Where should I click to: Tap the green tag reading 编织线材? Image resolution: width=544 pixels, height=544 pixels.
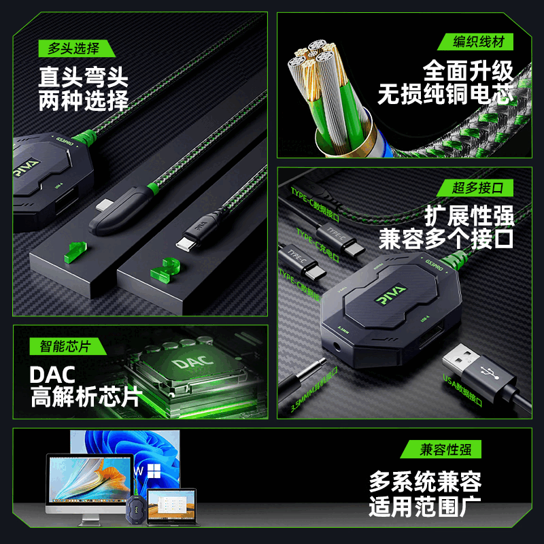click(x=479, y=42)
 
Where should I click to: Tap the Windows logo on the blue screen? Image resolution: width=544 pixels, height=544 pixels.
click(x=154, y=469)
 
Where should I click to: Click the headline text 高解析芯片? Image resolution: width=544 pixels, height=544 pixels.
click(x=85, y=397)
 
